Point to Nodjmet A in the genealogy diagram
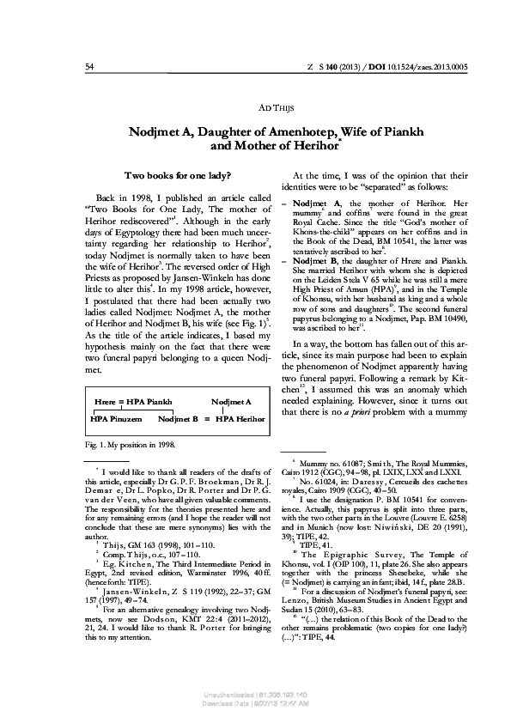[x=231, y=401]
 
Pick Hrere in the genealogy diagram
[x=106, y=401]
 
